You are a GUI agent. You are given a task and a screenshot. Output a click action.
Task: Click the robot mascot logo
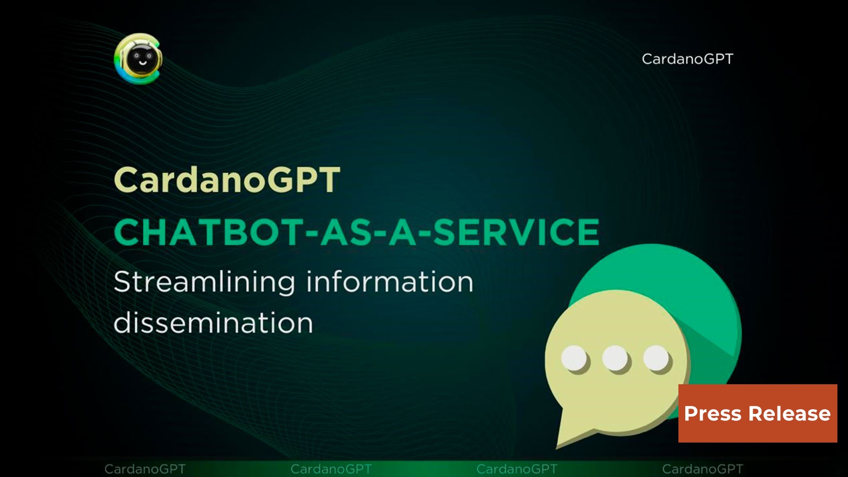pos(138,59)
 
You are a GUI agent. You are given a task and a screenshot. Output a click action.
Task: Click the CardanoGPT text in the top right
pos(687,59)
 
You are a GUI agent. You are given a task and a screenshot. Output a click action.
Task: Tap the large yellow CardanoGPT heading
pos(227,180)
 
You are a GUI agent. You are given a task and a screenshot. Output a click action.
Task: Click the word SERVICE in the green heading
pos(517,233)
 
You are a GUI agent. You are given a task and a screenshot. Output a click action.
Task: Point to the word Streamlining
pos(204,282)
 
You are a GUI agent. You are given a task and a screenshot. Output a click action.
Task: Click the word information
pos(390,282)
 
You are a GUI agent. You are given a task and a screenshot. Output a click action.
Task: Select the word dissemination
pos(213,323)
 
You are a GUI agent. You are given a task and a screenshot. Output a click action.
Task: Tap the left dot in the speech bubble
pos(574,359)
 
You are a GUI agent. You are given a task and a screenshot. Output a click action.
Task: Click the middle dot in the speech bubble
pos(615,359)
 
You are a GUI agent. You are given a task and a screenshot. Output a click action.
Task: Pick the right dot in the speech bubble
pos(657,359)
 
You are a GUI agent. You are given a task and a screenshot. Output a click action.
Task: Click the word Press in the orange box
pos(712,413)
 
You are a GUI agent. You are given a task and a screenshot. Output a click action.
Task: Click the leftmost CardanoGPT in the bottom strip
pos(145,469)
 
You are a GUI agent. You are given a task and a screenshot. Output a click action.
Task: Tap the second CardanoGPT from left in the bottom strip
pos(331,469)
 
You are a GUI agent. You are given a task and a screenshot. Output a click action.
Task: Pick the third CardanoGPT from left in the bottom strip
pos(517,469)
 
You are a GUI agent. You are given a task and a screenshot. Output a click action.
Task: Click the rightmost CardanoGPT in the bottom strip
pos(702,469)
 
